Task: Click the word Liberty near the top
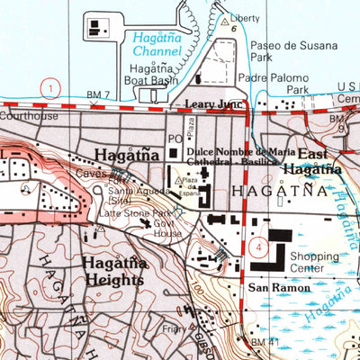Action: pos(244,18)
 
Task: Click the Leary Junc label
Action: pos(215,104)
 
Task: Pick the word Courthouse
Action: pos(29,115)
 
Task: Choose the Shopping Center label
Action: pos(315,262)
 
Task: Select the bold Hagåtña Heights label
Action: pos(112,272)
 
